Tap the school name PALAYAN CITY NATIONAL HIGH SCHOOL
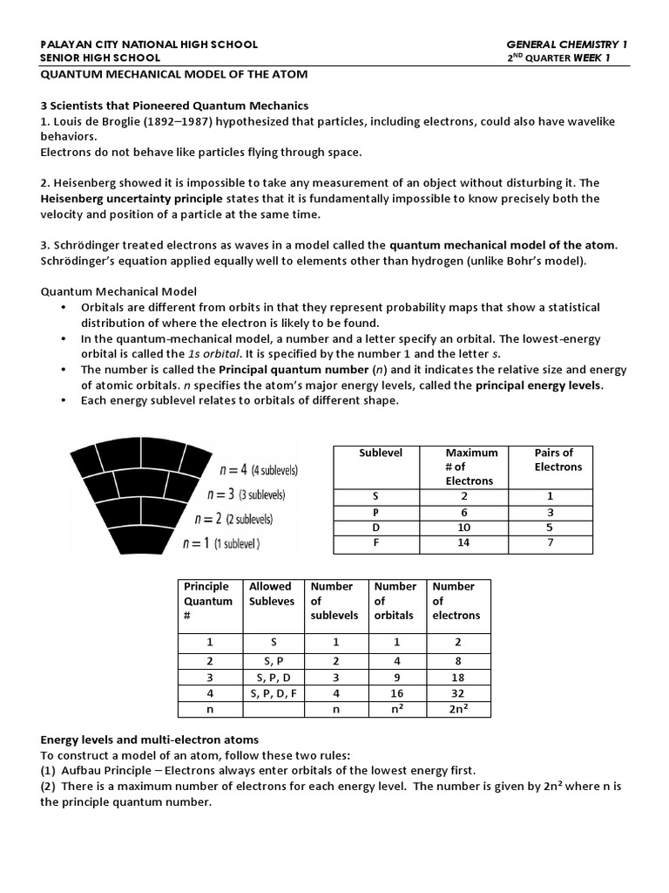pyautogui.click(x=150, y=44)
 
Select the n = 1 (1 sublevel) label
pyautogui.click(x=221, y=543)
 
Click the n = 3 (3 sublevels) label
pyautogui.click(x=246, y=494)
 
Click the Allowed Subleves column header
pyautogui.click(x=271, y=594)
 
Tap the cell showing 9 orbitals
pyautogui.click(x=395, y=677)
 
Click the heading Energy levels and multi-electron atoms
pyautogui.click(x=149, y=740)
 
